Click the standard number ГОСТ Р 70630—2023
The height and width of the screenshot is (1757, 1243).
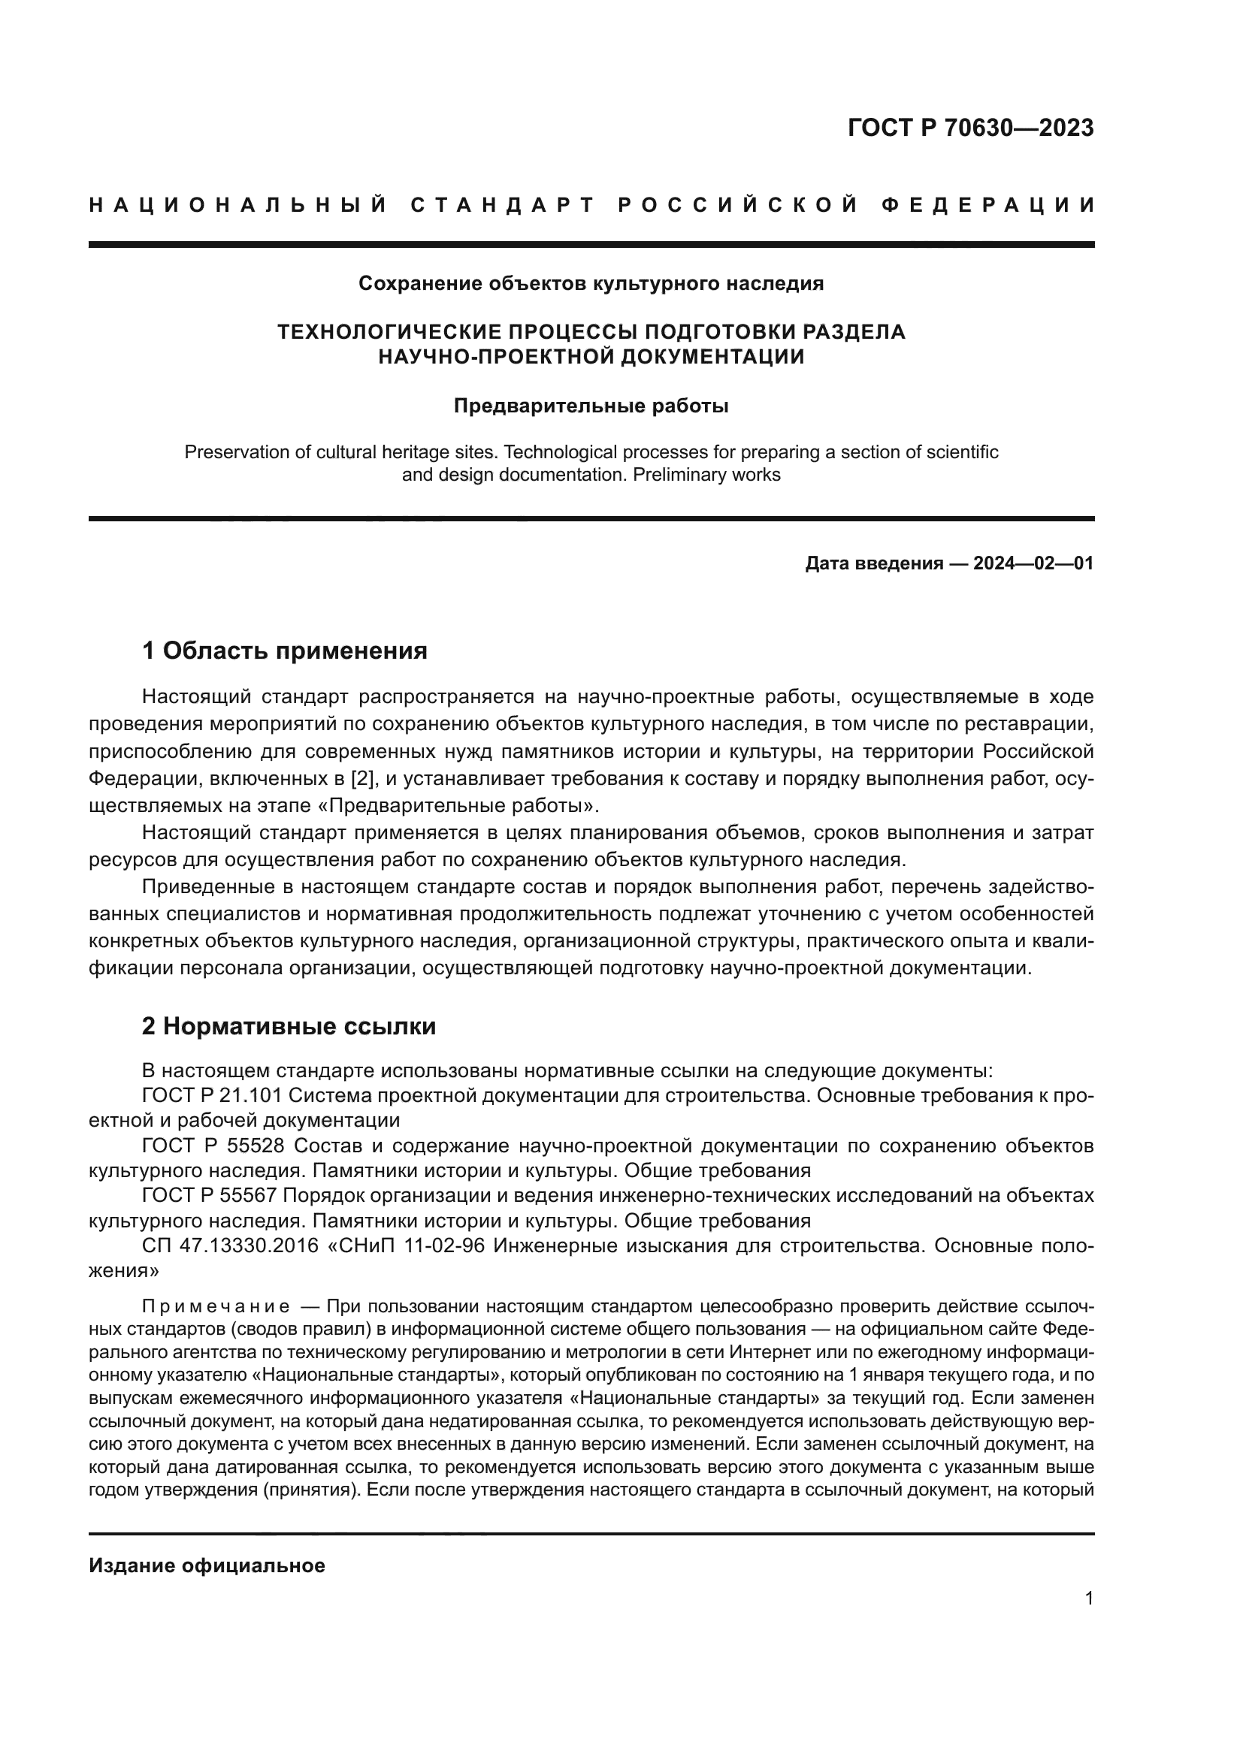969,128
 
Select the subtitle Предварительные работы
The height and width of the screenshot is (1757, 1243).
591,406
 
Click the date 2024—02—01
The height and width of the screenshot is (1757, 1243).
1033,564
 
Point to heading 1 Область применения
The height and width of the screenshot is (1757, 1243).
284,651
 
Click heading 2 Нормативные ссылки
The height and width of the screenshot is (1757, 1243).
289,1026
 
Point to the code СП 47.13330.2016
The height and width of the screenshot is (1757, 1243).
230,1245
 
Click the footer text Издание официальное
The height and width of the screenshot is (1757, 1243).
207,1565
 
